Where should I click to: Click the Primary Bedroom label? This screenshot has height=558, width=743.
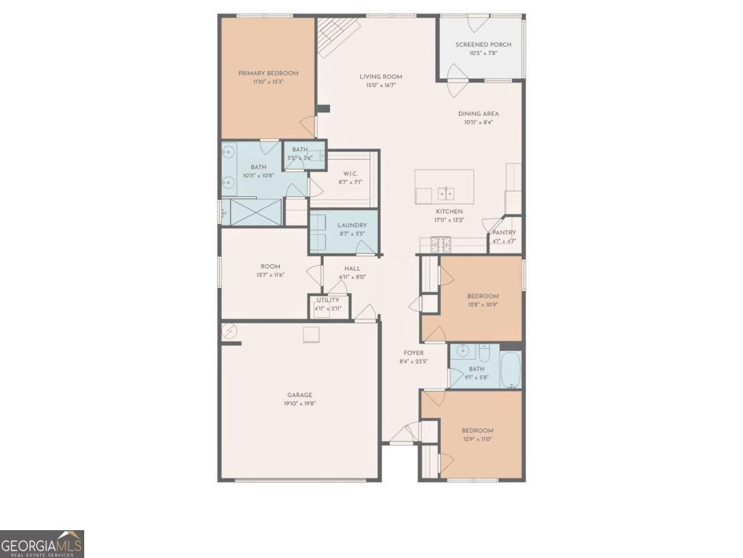point(268,73)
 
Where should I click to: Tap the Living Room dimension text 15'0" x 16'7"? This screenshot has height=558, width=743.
point(381,85)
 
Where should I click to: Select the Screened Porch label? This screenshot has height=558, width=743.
point(479,45)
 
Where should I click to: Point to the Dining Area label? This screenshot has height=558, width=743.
point(478,114)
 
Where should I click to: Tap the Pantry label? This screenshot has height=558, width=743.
point(504,233)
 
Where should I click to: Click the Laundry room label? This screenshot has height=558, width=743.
point(352,225)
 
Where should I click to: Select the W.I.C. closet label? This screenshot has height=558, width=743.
point(350,173)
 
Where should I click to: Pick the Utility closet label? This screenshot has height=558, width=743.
point(328,300)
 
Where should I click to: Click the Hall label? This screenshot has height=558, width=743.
point(352,269)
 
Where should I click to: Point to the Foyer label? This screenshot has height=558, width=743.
point(414,353)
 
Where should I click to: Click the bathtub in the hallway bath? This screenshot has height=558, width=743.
point(510,369)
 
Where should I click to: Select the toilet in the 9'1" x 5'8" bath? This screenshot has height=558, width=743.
point(484,352)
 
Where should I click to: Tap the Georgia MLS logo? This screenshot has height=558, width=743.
point(41,544)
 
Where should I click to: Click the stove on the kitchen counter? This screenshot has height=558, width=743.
point(441,244)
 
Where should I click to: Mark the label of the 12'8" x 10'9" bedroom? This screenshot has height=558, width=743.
point(482,296)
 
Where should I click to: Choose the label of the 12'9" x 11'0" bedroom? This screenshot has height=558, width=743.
point(477,431)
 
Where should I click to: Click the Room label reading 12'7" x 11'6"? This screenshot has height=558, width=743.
point(270,266)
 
